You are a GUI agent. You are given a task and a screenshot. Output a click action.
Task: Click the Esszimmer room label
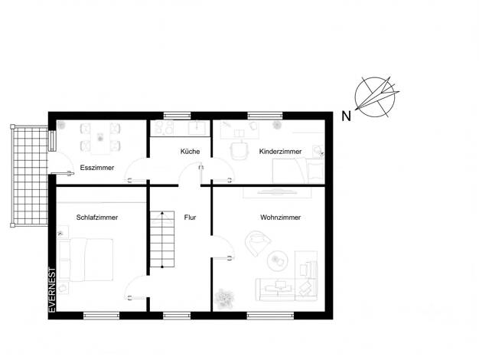click(x=97, y=168)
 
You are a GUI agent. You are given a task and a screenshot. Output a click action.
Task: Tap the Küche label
click(x=190, y=152)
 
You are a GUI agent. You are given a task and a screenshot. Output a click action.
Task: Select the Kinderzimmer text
click(x=280, y=152)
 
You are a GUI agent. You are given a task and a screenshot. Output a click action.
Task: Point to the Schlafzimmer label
click(x=97, y=218)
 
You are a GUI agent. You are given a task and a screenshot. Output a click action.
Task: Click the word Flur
click(x=190, y=218)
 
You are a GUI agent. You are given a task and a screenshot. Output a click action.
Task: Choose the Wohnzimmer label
click(x=280, y=218)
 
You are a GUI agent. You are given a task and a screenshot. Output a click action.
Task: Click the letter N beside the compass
click(x=346, y=116)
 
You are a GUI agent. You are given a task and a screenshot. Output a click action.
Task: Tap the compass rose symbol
click(x=376, y=97)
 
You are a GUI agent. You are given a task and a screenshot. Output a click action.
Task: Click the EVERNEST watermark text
click(x=52, y=290)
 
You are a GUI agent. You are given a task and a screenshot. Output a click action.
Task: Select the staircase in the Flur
click(x=162, y=239)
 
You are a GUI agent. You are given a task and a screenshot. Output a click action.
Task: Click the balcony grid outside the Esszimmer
click(x=30, y=176)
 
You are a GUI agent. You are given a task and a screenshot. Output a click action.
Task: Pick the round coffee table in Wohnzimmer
click(x=278, y=261)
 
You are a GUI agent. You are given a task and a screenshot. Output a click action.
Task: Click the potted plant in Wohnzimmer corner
click(x=224, y=298)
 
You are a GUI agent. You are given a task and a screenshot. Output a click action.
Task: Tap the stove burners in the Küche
click(x=164, y=128)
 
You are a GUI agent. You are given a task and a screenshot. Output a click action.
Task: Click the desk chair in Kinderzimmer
click(x=239, y=150)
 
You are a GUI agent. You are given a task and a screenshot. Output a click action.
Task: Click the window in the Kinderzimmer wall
click(x=265, y=116)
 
